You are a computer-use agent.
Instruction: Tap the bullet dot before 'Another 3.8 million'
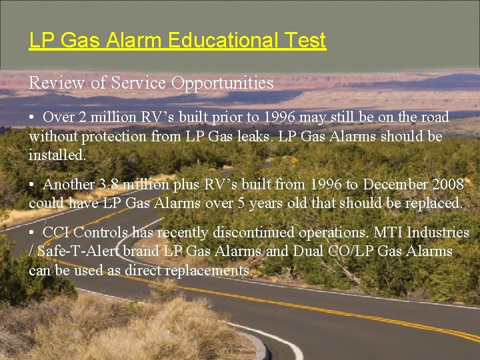tap(32, 185)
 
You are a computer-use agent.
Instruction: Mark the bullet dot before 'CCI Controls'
tap(32, 233)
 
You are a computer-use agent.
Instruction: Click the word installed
tap(57, 155)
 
